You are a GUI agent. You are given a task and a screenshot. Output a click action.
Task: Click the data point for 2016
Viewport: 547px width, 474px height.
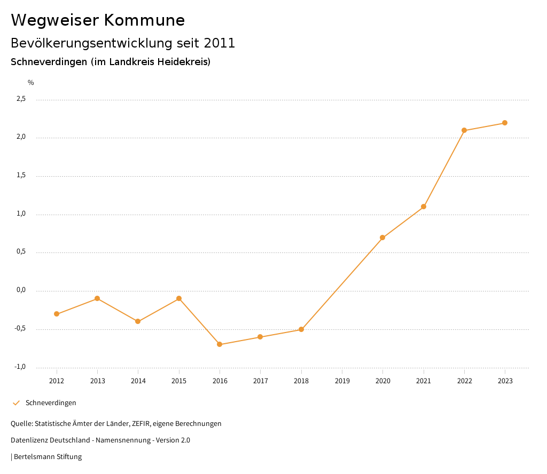coord(220,344)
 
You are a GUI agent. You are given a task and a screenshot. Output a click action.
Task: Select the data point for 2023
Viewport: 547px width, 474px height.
coord(505,123)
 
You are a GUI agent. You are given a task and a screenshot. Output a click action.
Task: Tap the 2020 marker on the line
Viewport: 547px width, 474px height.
coord(382,238)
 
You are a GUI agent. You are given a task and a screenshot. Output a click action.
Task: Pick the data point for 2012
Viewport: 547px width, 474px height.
coord(57,314)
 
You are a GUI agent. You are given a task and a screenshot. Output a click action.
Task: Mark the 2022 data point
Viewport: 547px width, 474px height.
coord(464,130)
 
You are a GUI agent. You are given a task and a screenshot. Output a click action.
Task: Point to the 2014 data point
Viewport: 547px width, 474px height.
coord(138,321)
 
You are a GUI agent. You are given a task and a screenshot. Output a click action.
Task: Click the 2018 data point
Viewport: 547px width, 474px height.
coord(301,329)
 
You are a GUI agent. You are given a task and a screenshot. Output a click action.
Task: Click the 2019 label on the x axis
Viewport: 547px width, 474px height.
coord(342,381)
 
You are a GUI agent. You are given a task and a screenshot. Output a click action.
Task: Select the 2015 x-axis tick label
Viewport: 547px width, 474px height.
coord(179,381)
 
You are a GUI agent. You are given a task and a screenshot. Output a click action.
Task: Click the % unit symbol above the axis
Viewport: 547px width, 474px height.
coord(31,82)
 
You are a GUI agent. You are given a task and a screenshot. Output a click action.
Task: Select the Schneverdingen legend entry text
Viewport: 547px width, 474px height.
coord(51,403)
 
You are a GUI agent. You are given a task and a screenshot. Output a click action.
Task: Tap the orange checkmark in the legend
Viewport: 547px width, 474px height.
coord(16,403)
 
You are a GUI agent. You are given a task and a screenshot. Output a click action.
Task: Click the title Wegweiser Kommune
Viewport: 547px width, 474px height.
coord(98,20)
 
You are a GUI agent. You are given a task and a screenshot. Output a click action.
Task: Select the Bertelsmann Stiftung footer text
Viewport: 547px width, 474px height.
coord(48,457)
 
